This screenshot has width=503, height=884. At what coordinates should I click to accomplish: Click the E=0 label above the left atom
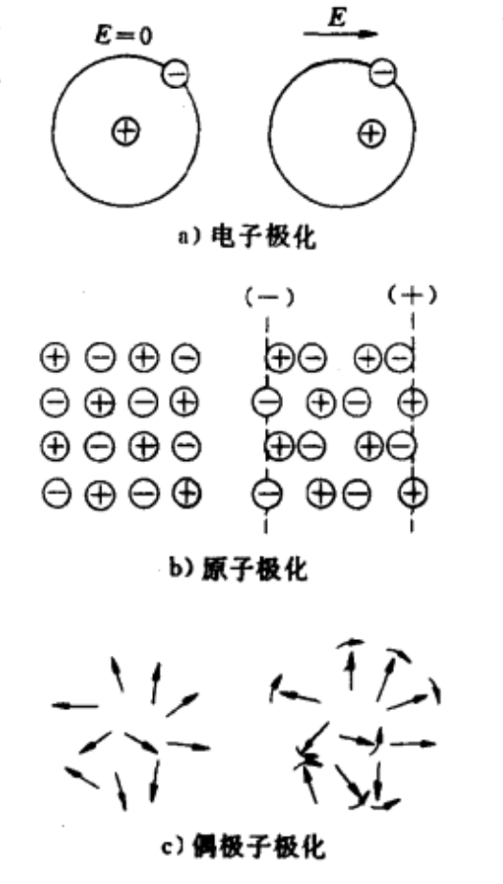point(122,36)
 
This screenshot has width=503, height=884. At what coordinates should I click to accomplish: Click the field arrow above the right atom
point(340,33)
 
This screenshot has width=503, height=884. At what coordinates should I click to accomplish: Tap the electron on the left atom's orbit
point(175,75)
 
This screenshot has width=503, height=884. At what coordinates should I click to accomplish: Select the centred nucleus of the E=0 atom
point(125,132)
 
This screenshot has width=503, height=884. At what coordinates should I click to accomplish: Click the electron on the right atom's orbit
point(383,72)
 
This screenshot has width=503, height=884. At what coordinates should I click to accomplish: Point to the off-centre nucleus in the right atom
point(372,134)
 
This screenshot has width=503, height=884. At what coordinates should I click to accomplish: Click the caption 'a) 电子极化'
point(247,237)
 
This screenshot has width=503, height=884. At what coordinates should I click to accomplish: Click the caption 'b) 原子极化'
point(239,569)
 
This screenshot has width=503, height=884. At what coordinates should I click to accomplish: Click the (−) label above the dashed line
point(270,298)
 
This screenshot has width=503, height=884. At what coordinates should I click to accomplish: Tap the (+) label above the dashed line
point(412,296)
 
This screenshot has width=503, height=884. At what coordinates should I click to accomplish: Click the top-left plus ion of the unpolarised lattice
point(55,358)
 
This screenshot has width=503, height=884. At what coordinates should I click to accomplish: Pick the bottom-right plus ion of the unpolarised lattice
point(187,495)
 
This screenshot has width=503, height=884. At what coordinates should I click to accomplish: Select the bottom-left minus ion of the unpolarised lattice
point(55,495)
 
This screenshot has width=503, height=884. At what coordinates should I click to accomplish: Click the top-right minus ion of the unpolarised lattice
point(186,358)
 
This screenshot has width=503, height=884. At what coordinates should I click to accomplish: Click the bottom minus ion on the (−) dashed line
point(266,495)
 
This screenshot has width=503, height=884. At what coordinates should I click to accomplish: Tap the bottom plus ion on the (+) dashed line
point(413,494)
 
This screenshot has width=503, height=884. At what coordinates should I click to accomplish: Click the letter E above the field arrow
point(336,17)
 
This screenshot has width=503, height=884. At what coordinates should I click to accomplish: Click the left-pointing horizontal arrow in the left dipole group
point(75,705)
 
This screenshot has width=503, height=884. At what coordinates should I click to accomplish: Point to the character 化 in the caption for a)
point(303,238)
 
